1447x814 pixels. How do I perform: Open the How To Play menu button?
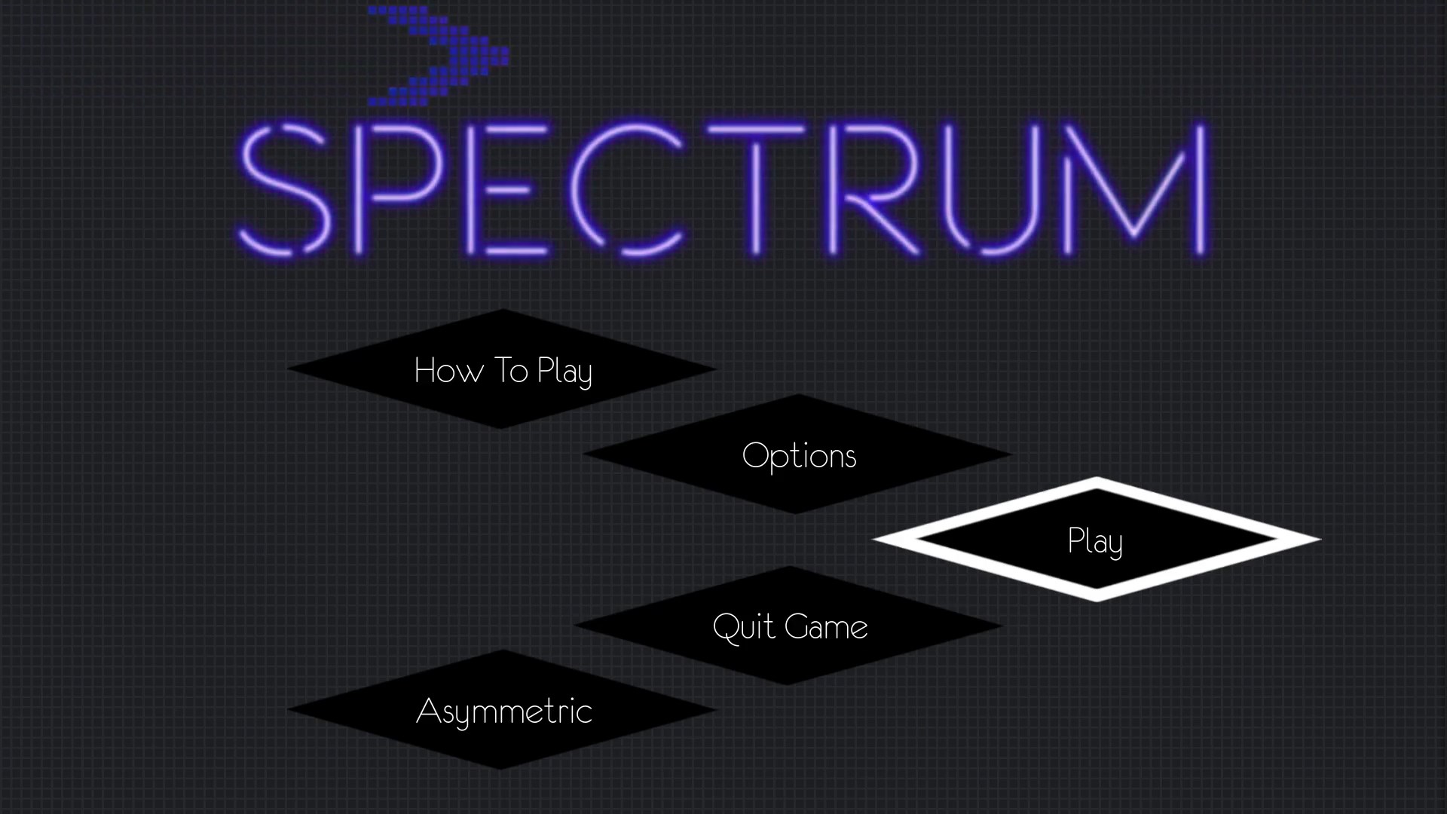(x=502, y=369)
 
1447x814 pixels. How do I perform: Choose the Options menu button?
(x=797, y=454)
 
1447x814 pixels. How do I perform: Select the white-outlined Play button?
(x=1097, y=540)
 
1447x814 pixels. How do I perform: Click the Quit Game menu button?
(x=788, y=626)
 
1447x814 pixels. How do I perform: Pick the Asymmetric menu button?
(x=502, y=710)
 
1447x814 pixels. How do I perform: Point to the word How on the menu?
(x=449, y=370)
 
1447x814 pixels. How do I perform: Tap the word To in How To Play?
(x=510, y=370)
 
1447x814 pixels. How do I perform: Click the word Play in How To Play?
(x=564, y=372)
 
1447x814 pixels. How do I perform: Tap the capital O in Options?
(x=756, y=455)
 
